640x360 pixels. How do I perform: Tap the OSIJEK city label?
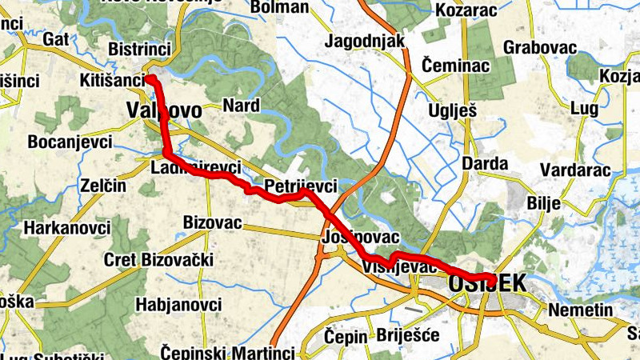487,283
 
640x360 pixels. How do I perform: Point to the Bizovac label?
212,222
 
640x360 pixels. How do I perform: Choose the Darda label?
485,164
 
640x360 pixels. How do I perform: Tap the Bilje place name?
544,202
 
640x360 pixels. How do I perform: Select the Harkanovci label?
67,228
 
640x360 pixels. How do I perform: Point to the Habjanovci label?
178,305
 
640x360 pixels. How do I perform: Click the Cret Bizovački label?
159,260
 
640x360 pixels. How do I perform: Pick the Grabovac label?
540,46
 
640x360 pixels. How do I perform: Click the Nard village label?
241,105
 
